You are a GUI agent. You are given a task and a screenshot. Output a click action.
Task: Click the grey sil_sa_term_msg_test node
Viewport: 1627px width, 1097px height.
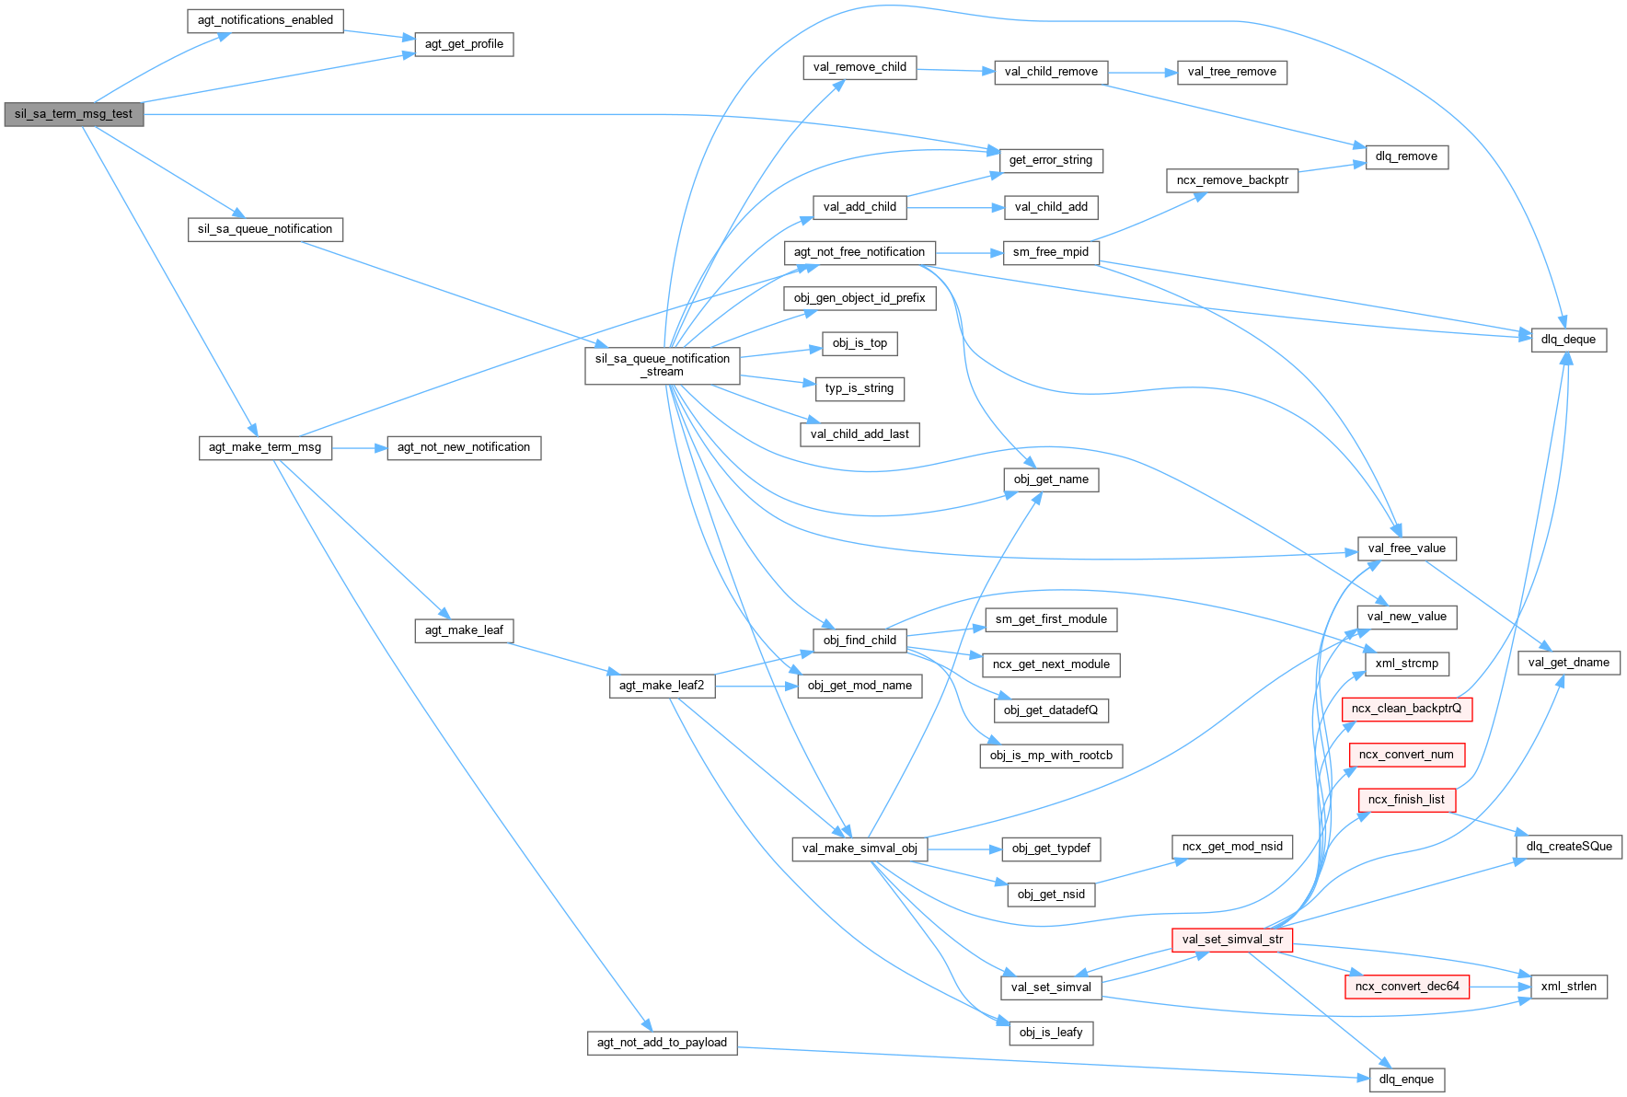[x=74, y=114]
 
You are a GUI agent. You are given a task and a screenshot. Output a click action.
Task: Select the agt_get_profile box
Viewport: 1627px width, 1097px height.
[x=464, y=44]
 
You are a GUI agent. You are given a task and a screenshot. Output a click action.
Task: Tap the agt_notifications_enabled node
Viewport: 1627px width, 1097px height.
[x=265, y=20]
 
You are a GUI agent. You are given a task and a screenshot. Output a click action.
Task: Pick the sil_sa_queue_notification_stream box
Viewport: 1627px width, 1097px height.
[x=663, y=365]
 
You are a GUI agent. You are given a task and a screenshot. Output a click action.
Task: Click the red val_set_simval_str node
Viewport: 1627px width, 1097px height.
[x=1232, y=940]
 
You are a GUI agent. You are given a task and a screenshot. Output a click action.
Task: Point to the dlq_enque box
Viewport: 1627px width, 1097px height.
[x=1406, y=1080]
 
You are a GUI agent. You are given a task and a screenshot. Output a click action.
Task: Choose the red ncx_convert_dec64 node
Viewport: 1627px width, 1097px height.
[x=1407, y=987]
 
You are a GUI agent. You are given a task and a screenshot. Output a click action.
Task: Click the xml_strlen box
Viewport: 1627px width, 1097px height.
[x=1568, y=987]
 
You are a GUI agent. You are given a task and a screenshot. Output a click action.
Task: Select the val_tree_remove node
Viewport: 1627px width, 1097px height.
[x=1231, y=72]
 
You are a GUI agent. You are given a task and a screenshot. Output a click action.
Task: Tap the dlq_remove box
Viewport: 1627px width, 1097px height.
[x=1406, y=156]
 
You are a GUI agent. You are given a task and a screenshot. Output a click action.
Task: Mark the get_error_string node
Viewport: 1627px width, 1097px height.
[x=1050, y=160]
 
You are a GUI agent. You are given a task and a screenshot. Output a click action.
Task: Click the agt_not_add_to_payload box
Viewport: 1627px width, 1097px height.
[x=662, y=1043]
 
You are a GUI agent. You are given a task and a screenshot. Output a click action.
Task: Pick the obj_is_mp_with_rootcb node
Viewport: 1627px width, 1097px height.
[x=1051, y=756]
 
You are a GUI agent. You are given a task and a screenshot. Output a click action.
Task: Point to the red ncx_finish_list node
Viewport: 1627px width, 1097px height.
[x=1406, y=800]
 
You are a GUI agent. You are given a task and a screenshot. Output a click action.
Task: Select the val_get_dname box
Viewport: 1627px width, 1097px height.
[x=1568, y=663]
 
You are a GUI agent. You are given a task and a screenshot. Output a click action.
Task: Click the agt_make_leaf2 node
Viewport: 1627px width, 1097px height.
[x=662, y=686]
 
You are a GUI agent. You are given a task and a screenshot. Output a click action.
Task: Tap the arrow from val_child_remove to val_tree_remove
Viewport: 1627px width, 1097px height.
[x=1142, y=72]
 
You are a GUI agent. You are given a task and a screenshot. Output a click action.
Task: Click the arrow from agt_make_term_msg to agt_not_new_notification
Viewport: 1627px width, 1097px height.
[x=359, y=448]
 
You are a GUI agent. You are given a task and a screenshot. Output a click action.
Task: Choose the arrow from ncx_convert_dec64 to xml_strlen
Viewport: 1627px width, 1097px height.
[x=1500, y=987]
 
